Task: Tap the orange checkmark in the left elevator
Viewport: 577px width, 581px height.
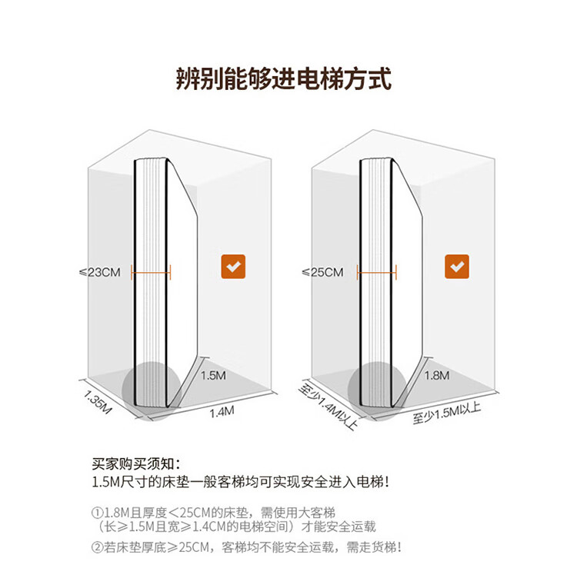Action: pyautogui.click(x=232, y=266)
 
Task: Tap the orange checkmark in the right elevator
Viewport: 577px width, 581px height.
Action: pyautogui.click(x=457, y=266)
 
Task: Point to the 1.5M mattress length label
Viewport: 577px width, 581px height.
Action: pyautogui.click(x=213, y=376)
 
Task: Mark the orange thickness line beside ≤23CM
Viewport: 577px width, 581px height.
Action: pyautogui.click(x=151, y=271)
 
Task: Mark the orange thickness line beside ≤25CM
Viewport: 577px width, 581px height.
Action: pyautogui.click(x=376, y=271)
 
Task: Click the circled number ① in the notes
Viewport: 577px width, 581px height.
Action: pyautogui.click(x=97, y=513)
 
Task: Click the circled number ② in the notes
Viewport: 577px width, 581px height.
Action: pyautogui.click(x=97, y=547)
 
